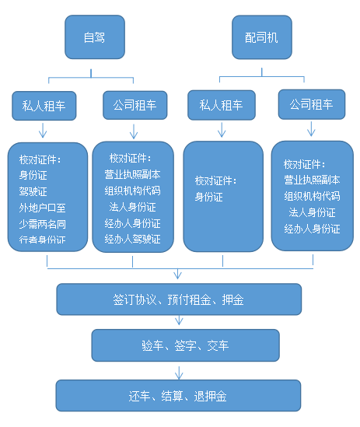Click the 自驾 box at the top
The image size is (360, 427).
tap(94, 37)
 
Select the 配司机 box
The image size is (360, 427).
tap(259, 37)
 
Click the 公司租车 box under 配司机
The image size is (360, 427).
tap(311, 104)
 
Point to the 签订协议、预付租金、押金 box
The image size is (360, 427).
tap(178, 299)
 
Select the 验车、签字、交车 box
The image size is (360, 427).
tap(185, 345)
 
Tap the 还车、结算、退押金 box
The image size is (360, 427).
tap(178, 395)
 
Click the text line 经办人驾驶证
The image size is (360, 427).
tap(133, 238)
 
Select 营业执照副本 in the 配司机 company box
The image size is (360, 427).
tap(312, 180)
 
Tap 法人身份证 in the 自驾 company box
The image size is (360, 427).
tap(133, 207)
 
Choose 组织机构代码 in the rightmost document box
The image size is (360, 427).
tap(312, 196)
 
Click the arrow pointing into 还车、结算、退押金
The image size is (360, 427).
tap(178, 369)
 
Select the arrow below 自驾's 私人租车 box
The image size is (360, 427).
tap(44, 131)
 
